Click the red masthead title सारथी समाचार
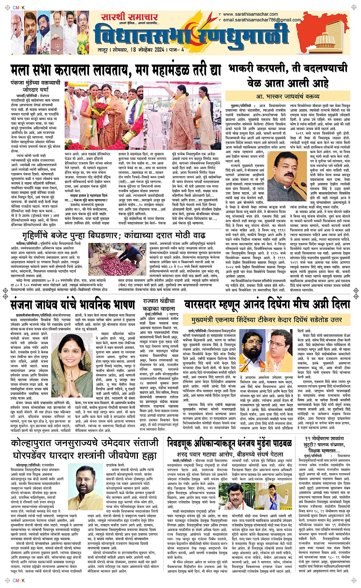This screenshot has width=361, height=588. [130, 17]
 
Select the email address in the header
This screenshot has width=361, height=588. [262, 20]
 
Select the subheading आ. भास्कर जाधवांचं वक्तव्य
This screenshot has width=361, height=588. [287, 96]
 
